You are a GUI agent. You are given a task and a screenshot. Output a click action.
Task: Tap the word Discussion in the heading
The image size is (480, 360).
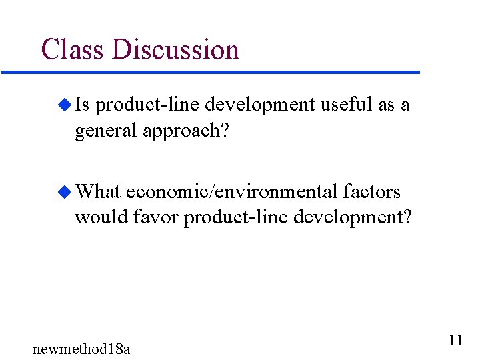(x=175, y=50)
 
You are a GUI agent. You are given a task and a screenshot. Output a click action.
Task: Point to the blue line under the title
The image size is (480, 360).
(x=210, y=72)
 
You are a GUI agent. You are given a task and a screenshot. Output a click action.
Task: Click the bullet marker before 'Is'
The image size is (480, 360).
(x=64, y=105)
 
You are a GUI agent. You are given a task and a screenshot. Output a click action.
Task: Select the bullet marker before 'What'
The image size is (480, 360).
(x=64, y=193)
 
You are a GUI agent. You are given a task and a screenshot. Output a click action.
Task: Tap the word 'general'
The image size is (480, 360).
(x=106, y=131)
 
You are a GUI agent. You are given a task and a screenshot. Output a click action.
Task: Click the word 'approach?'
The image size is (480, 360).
(x=186, y=131)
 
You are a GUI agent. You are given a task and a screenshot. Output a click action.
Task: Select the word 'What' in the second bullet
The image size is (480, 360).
(x=98, y=192)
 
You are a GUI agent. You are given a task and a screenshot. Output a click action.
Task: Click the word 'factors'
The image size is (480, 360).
(x=372, y=192)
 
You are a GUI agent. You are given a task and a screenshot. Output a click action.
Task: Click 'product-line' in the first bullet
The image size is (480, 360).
(x=148, y=105)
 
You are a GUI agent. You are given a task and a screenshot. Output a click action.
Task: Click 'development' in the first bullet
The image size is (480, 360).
(x=259, y=105)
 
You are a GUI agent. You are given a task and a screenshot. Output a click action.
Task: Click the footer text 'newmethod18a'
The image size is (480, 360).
(x=81, y=348)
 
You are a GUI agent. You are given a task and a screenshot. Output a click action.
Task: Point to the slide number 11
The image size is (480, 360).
(x=455, y=341)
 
